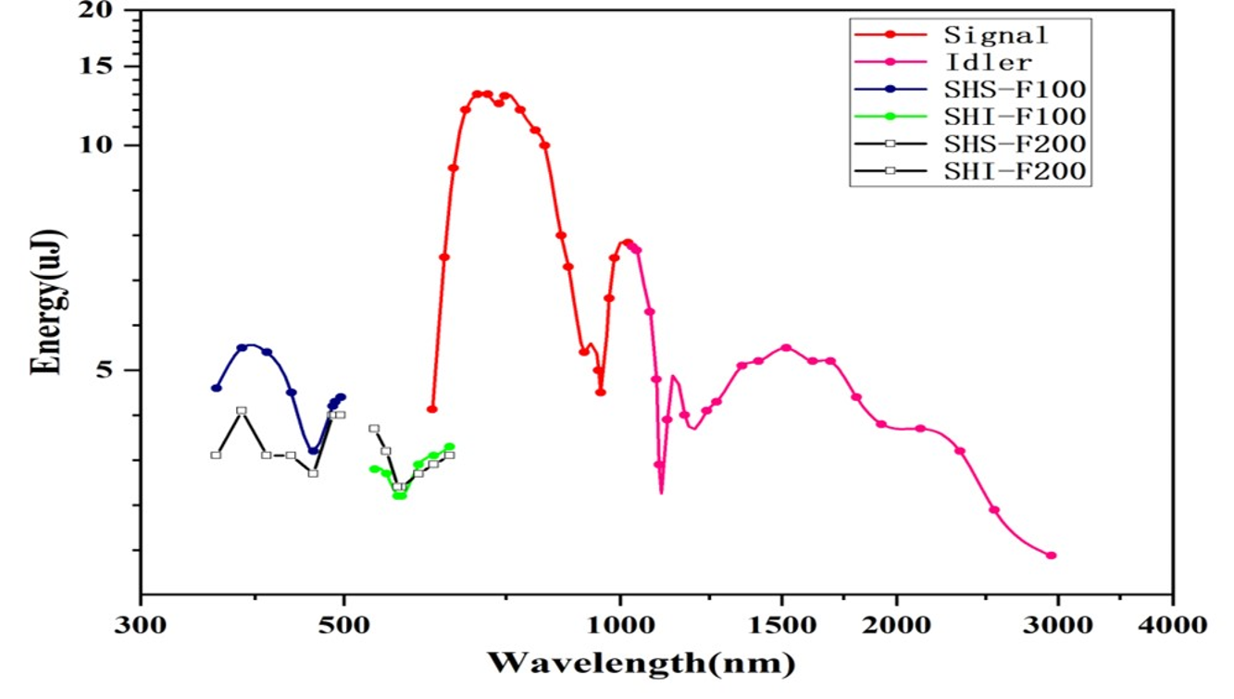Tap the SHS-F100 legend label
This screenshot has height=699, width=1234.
coord(1014,89)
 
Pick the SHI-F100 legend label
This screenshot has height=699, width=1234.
coord(1014,117)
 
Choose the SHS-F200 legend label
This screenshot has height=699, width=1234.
coord(1014,144)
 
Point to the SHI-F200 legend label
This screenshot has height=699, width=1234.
coord(1014,171)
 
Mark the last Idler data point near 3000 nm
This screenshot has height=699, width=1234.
coord(1052,555)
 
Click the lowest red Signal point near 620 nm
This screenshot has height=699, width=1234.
coord(431,409)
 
